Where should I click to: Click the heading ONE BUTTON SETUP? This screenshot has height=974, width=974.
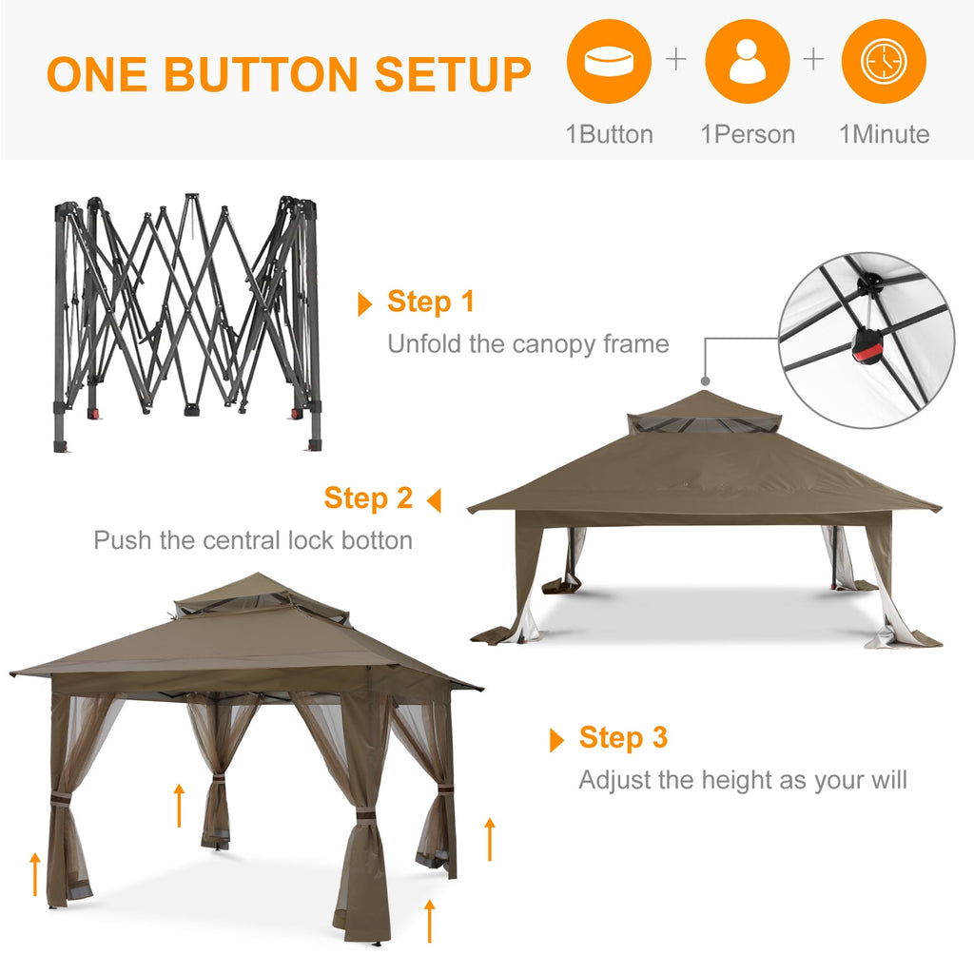288,74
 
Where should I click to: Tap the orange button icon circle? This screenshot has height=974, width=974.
609,62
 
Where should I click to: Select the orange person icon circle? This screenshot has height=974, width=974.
747,62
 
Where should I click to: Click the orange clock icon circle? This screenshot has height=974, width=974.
884,62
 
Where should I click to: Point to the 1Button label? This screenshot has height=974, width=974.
609,134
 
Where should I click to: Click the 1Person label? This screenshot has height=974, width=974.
748,134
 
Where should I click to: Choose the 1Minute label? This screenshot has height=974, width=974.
884,134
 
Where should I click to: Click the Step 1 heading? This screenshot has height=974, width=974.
430,302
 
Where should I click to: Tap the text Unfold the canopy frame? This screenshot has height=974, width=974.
528,343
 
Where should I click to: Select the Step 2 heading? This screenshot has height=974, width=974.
368,497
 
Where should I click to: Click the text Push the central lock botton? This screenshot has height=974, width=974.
253,540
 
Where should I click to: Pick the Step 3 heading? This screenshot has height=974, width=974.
623,737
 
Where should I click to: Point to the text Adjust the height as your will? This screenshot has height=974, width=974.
743,780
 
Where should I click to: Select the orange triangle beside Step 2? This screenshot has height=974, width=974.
434,500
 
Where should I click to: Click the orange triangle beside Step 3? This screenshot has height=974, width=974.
557,740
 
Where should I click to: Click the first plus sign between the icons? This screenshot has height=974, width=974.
675,60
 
